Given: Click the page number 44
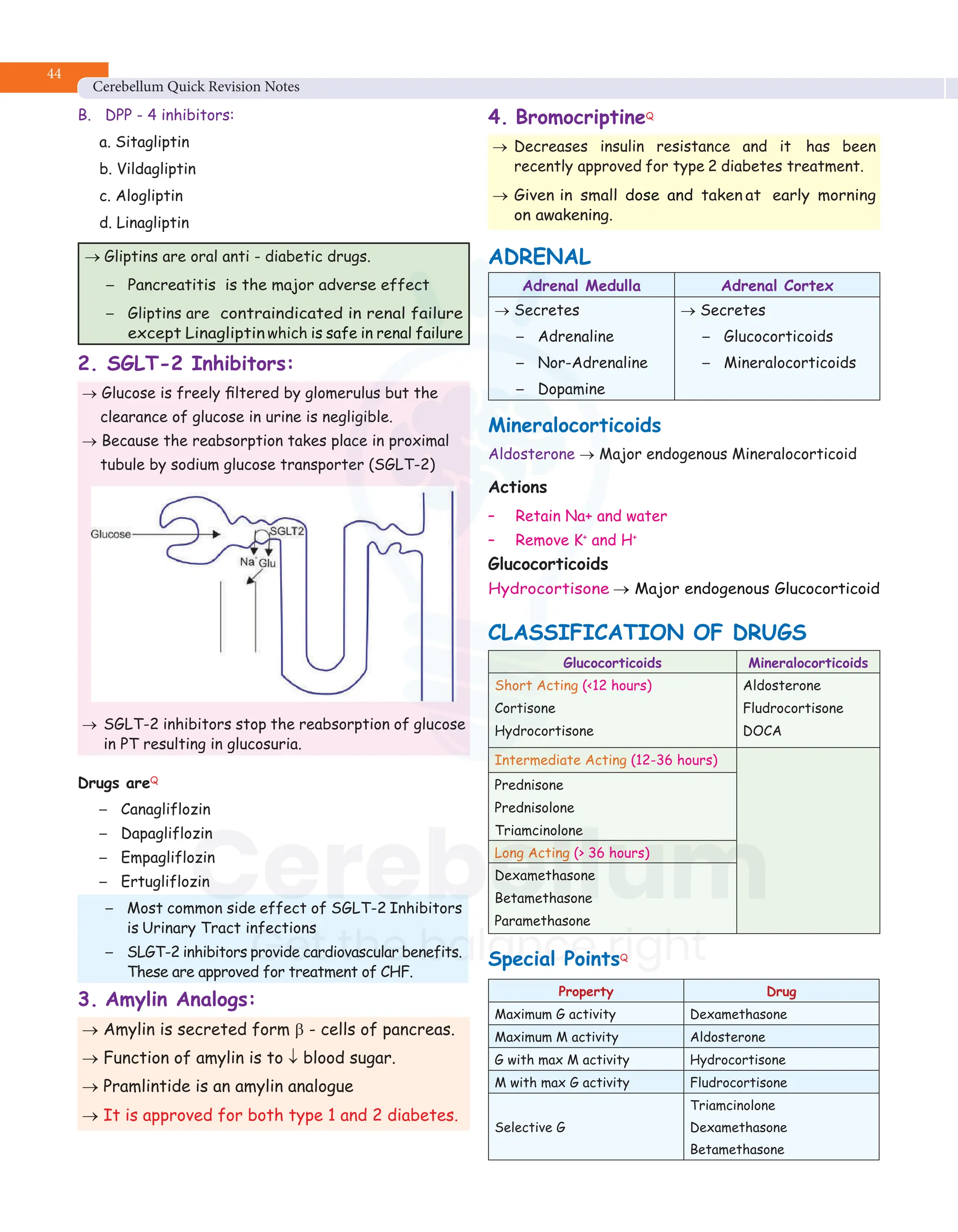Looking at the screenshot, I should [54, 74].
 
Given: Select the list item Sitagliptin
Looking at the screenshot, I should [152, 142].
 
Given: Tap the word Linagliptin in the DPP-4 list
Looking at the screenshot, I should [152, 223].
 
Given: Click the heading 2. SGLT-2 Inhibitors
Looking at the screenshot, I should [186, 364].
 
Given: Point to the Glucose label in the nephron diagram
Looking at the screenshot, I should [110, 534].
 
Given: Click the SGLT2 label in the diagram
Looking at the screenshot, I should [287, 531].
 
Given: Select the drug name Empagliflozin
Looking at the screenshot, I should [167, 857].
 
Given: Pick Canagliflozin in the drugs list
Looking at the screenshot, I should [165, 810].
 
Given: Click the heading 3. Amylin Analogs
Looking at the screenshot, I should [167, 1000].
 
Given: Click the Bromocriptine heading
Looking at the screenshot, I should [580, 117].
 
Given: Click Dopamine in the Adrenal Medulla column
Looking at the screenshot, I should [571, 389].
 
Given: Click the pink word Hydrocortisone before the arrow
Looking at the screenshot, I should [548, 589].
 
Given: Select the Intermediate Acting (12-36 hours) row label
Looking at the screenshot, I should [605, 761].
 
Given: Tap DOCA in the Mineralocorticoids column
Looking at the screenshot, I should [762, 731].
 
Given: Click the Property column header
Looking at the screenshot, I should [585, 992].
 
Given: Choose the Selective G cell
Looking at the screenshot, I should [530, 1127].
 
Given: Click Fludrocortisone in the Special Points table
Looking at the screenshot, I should [738, 1082].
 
